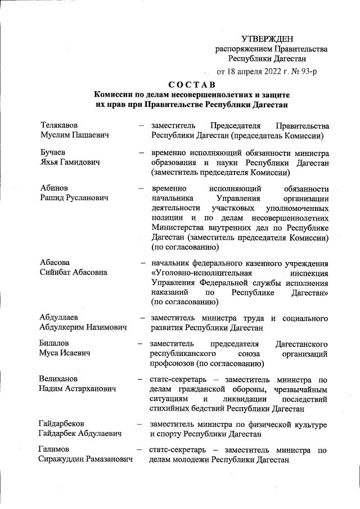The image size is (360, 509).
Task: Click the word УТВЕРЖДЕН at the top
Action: [x=267, y=39]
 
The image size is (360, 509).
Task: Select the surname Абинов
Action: [x=56, y=188]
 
